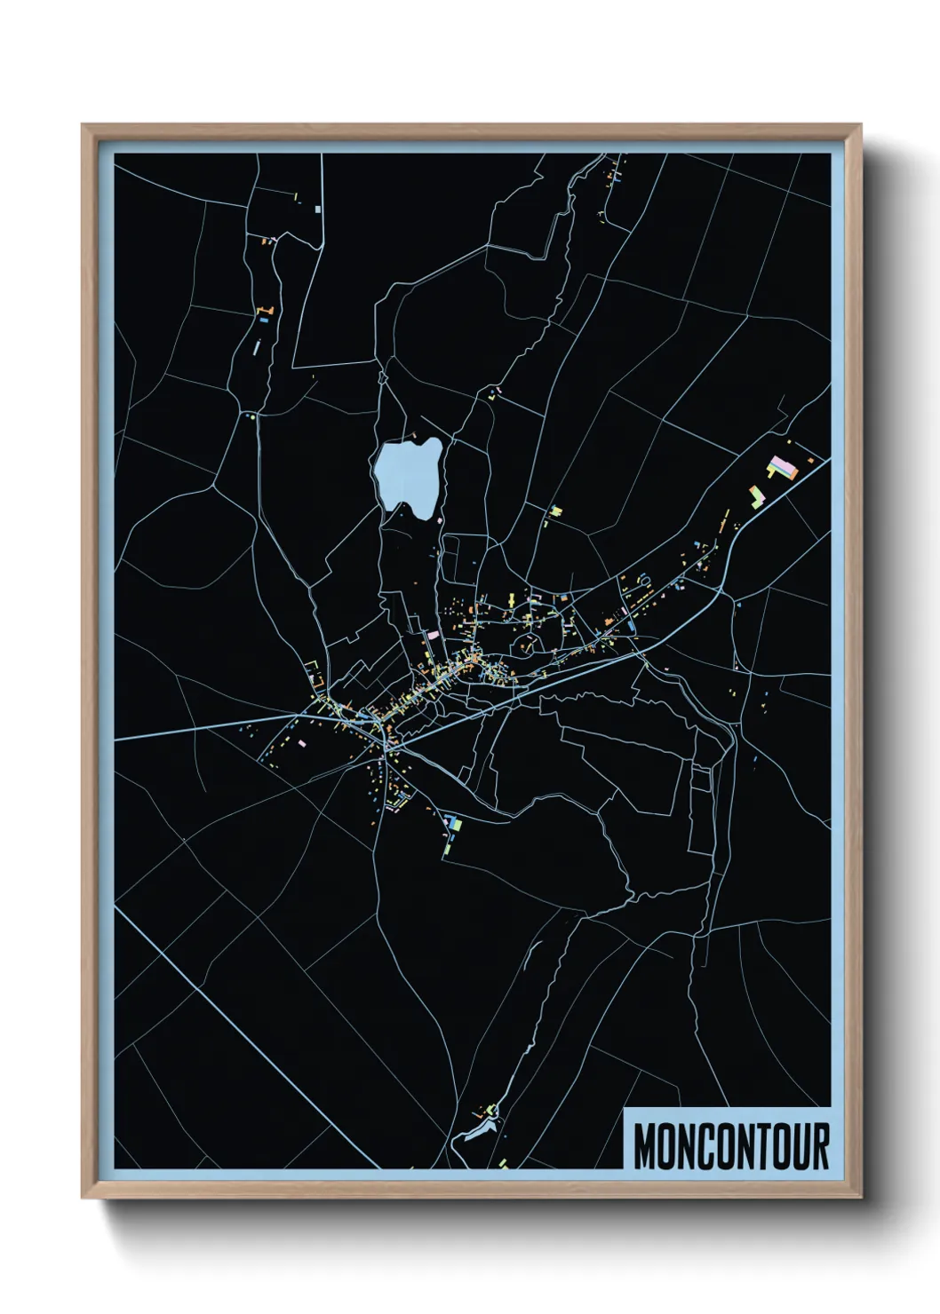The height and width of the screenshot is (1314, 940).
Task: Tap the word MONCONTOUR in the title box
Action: click(730, 1146)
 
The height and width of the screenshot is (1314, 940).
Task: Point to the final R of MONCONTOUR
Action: click(819, 1146)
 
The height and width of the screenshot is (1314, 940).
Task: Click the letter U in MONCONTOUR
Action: click(800, 1146)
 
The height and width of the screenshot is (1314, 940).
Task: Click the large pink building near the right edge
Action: click(780, 466)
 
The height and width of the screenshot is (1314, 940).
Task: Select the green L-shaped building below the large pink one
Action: click(758, 495)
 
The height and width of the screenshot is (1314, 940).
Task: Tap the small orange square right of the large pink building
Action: click(809, 460)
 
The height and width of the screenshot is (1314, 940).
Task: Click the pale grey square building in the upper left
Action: click(317, 209)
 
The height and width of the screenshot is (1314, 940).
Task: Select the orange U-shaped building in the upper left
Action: click(263, 310)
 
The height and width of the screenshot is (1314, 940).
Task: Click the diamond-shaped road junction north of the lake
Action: click(384, 376)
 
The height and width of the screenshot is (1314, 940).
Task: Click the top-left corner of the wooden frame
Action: click(83, 125)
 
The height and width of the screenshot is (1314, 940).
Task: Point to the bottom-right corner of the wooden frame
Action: click(861, 1198)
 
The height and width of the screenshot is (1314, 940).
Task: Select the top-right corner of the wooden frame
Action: click(861, 125)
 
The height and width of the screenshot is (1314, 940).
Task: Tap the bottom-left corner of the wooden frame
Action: click(83, 1198)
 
